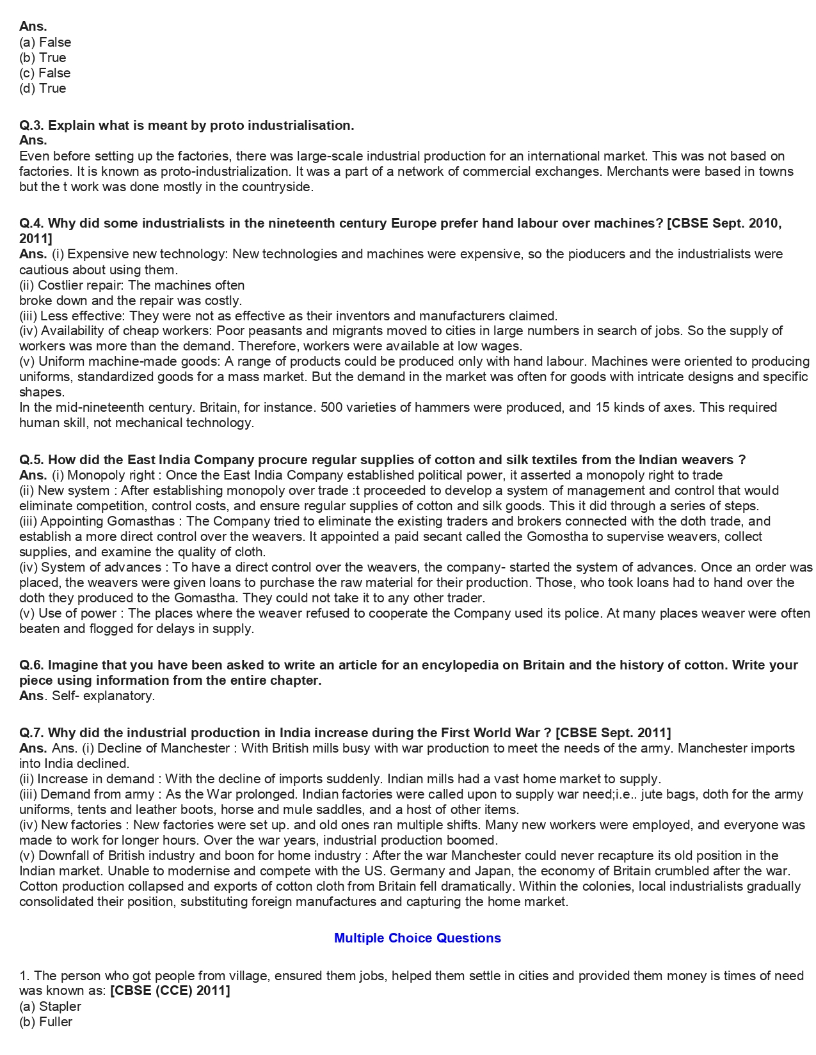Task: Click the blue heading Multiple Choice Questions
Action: (417, 938)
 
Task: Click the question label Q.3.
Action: (32, 125)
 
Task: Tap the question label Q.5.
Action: (32, 460)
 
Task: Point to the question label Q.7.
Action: (32, 733)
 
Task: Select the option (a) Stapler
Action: (51, 1006)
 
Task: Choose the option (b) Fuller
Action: (46, 1022)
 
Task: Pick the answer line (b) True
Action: (43, 58)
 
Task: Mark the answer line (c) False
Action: (45, 73)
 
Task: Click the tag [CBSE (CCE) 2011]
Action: (170, 991)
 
